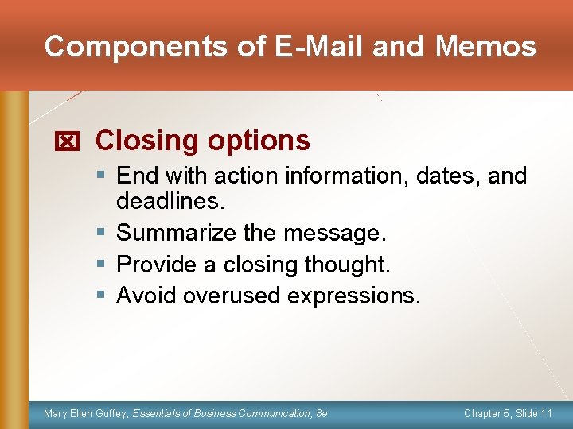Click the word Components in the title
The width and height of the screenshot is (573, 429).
coord(136,47)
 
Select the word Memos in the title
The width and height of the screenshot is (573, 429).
coord(485,47)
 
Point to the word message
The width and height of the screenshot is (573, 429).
coord(336,233)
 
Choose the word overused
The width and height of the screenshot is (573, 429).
coord(232,295)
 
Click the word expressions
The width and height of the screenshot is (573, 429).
coord(351,296)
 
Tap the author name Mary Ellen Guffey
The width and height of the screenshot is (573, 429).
coord(85,414)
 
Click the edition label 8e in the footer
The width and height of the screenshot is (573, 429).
coord(321,414)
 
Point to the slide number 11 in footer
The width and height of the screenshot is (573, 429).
coord(546,414)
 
